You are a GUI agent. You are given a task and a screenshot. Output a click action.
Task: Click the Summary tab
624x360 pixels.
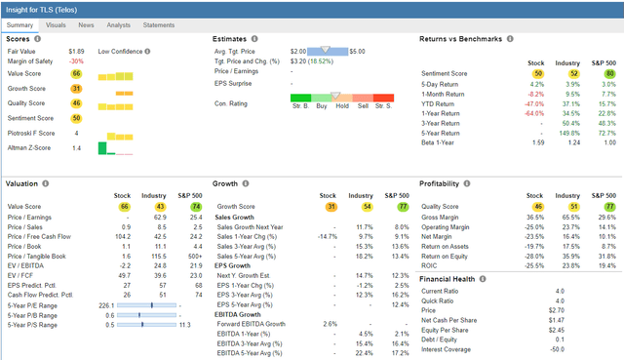23,23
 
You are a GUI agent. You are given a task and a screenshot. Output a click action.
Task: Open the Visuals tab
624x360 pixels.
56,23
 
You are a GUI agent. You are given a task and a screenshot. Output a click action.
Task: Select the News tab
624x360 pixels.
87,23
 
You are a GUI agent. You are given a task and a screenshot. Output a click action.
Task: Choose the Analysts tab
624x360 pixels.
118,23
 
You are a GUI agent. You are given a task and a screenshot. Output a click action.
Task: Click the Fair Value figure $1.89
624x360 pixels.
75,51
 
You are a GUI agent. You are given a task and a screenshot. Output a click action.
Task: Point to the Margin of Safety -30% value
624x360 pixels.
76,61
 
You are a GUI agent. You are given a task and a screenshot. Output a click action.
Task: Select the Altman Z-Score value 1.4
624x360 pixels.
76,147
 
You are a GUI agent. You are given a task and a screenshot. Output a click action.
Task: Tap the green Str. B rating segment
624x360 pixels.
300,104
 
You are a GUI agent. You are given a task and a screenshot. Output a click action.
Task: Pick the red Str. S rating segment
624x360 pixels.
382,104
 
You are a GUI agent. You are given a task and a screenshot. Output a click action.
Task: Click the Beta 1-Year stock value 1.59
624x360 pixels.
535,142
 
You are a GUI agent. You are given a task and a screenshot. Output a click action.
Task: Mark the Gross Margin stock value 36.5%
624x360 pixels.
535,217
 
